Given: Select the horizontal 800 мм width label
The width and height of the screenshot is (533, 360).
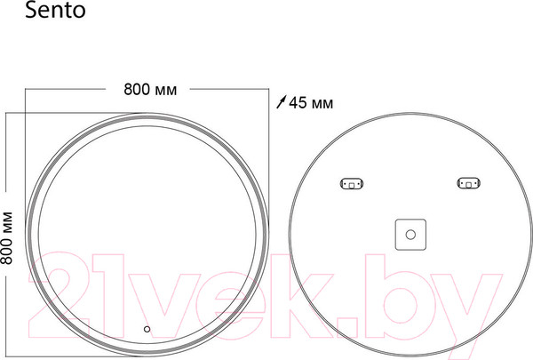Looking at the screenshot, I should tap(150, 90).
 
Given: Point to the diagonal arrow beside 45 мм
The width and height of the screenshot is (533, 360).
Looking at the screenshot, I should tap(282, 103).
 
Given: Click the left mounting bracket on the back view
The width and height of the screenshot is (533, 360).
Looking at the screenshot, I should tap(351, 185).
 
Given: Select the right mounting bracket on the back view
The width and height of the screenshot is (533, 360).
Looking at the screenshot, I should tap(467, 185).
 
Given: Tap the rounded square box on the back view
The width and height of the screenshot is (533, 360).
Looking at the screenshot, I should tap(410, 236).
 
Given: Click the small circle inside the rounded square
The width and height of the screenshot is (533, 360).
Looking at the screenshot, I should tap(410, 236).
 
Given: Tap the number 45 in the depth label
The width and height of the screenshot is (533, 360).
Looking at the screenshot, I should tap(298, 103).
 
